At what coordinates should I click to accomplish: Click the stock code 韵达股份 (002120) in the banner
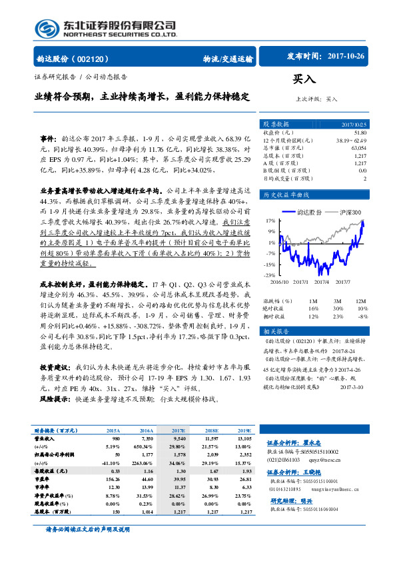(x=76, y=59)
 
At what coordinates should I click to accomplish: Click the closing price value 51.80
(x=360, y=133)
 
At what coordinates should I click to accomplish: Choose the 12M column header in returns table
(x=361, y=302)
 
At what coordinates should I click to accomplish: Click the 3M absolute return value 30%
(x=338, y=309)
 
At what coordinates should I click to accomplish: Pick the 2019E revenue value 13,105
(x=242, y=440)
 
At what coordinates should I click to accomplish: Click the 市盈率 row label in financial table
(x=45, y=480)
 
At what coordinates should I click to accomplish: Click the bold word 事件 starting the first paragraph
(x=49, y=138)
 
